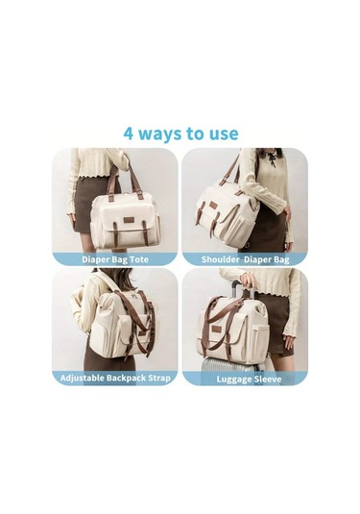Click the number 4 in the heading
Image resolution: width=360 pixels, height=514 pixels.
click(129, 134)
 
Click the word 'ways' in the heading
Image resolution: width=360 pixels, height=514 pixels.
click(159, 135)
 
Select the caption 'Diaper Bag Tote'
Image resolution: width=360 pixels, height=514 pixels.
click(115, 259)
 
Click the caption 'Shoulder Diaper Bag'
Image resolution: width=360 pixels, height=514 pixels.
click(246, 259)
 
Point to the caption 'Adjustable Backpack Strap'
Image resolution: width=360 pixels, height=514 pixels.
click(115, 378)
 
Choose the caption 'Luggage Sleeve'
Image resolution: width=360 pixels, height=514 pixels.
click(249, 379)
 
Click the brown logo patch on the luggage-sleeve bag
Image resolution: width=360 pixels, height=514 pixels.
click(217, 329)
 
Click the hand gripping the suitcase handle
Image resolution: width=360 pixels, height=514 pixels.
click(248, 281)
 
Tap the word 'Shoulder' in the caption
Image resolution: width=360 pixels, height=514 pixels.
click(220, 259)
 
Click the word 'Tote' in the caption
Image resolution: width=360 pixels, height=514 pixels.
click(139, 259)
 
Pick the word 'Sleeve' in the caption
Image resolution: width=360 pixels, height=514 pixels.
click(268, 379)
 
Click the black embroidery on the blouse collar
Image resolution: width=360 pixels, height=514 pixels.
click(271, 159)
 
